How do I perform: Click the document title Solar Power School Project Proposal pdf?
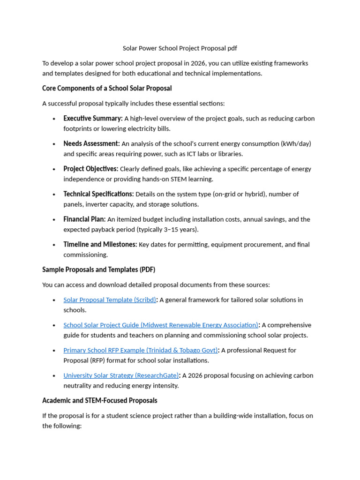(180, 48)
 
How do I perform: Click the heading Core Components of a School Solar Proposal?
(107, 88)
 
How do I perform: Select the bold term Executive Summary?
(93, 119)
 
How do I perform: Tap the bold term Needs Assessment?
(91, 143)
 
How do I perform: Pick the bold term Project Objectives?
(90, 169)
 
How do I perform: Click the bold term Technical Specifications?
(98, 194)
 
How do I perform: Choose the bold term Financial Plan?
(84, 219)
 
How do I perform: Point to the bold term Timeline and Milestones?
(100, 245)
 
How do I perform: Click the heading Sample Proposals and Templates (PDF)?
(98, 270)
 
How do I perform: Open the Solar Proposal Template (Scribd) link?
(109, 300)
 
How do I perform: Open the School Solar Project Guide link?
(161, 325)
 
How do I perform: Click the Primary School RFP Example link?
(141, 351)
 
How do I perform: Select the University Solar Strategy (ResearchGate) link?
(121, 375)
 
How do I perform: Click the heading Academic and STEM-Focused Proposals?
(99, 401)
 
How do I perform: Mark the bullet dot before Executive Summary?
(54, 119)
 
